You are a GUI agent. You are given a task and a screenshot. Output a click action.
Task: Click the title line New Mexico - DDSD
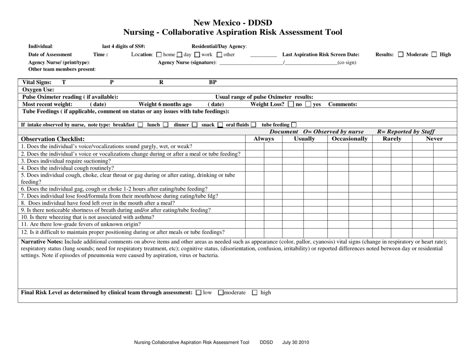(233, 23)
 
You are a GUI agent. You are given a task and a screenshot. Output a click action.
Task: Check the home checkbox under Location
(158, 54)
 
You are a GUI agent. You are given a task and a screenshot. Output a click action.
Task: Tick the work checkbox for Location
(197, 54)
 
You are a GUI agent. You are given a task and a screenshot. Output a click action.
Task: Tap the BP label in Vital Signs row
(213, 82)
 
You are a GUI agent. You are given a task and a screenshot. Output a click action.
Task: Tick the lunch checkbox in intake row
(165, 125)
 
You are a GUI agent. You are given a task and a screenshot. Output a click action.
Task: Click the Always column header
(263, 139)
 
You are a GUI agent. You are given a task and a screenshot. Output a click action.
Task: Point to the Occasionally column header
(349, 139)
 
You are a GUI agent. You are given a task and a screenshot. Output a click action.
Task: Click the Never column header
(435, 139)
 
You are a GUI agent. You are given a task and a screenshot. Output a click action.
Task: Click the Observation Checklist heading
(53, 139)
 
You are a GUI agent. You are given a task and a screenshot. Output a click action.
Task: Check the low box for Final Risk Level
(198, 293)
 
